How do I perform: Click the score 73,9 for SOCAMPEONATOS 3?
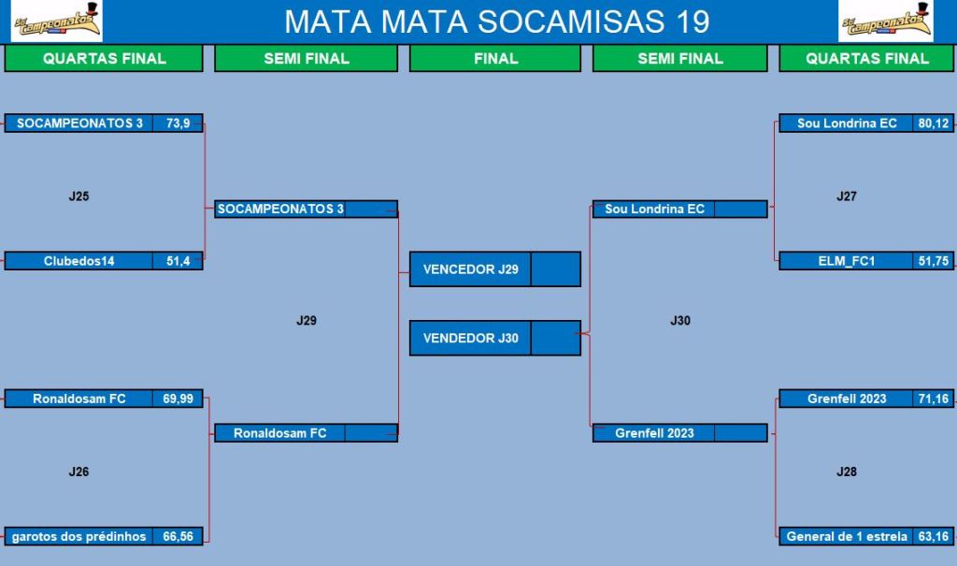click(178, 123)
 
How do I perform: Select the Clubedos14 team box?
click(79, 261)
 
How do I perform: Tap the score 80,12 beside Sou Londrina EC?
click(934, 123)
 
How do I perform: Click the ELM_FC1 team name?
click(847, 261)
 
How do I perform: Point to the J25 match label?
click(79, 196)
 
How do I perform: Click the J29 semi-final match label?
click(307, 320)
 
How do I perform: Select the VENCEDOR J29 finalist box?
click(495, 268)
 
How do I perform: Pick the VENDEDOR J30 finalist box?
click(495, 338)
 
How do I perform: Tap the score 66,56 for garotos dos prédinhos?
click(178, 537)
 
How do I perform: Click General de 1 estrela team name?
click(847, 537)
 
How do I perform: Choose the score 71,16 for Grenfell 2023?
click(934, 399)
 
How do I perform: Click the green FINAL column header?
click(495, 59)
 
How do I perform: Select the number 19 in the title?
click(693, 22)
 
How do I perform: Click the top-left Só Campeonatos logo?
click(57, 22)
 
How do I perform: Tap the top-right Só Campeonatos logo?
click(886, 22)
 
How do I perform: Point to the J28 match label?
click(847, 472)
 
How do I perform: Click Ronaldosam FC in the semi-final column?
click(280, 433)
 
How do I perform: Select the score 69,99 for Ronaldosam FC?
click(178, 399)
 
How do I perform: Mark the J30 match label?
click(680, 320)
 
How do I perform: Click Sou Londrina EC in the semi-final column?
click(654, 209)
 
